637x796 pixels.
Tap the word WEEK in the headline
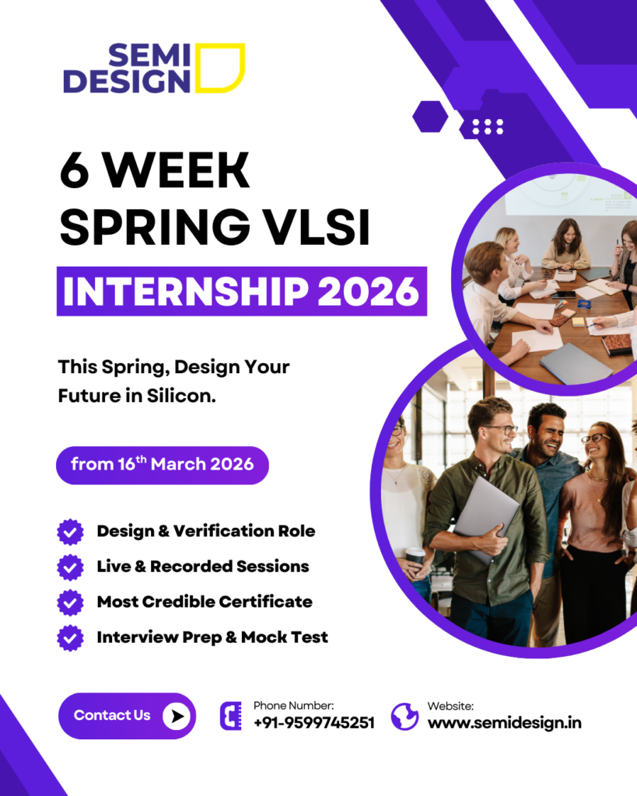coord(176,170)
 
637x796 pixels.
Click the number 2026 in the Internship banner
coord(369,292)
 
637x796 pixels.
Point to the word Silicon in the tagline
coord(181,396)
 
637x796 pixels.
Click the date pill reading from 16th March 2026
coord(162,465)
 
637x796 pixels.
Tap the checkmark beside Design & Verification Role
coord(70,532)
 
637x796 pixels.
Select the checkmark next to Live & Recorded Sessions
coord(70,567)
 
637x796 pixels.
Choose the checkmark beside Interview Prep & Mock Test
coord(70,637)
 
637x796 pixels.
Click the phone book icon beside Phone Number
coord(231,716)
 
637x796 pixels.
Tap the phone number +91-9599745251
coord(314,722)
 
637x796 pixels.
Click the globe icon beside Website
coord(405,716)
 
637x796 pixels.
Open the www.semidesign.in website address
coord(505,722)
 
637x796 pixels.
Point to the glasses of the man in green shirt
coord(499,430)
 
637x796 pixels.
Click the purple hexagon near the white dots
coord(430,117)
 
